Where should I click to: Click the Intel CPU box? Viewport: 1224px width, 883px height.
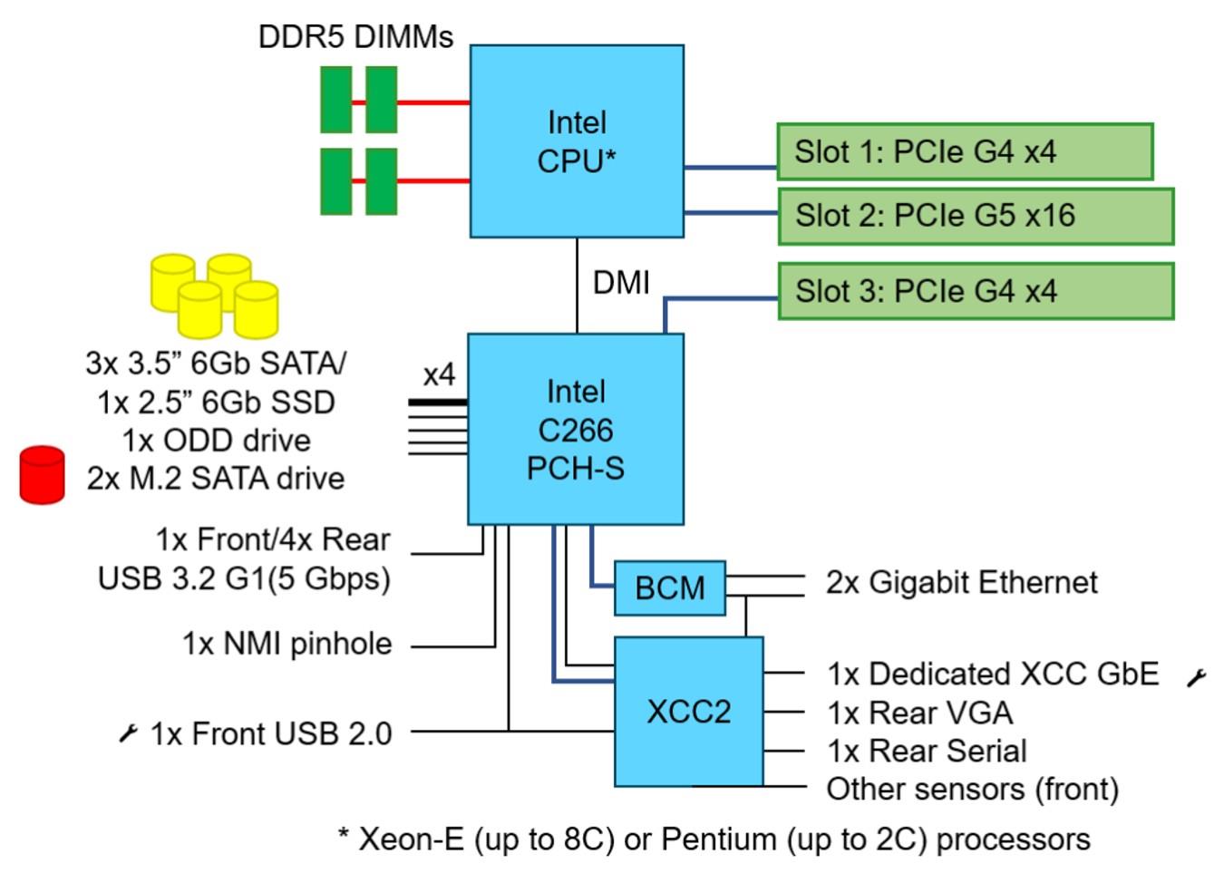577,141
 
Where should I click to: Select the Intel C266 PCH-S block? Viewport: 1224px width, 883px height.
576,429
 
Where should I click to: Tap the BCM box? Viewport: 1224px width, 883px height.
670,588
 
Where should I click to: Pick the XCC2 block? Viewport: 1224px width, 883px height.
689,712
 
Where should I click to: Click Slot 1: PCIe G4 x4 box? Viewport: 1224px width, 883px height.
965,151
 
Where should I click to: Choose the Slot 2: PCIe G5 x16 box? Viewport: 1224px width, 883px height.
976,216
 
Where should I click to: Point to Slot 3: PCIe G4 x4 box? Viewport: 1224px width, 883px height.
976,291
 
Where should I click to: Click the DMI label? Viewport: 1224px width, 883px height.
621,283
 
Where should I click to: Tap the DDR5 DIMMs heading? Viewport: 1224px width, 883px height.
355,37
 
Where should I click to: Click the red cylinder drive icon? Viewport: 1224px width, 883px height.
43,474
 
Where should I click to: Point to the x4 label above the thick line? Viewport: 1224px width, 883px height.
439,374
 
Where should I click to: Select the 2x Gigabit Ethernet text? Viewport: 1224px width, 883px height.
961,582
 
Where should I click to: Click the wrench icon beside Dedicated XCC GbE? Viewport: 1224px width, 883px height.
1197,677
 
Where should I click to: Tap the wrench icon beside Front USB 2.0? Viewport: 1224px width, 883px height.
129,733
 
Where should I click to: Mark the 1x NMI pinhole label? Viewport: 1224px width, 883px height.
287,644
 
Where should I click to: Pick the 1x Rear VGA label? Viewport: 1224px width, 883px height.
919,713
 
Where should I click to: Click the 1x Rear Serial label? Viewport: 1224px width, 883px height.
927,751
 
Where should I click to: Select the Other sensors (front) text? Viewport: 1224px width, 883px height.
972,789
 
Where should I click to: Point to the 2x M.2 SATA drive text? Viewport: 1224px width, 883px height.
216,478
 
